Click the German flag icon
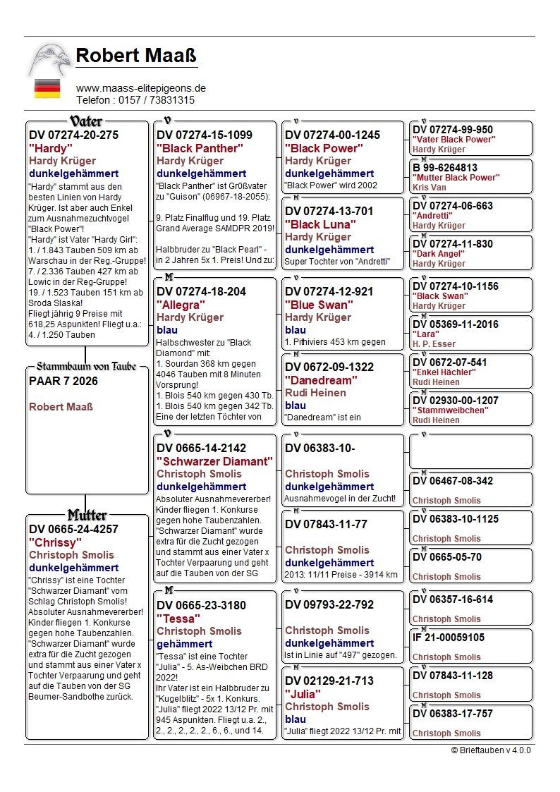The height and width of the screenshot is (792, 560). click(x=47, y=88)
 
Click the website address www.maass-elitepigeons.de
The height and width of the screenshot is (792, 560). click(x=141, y=88)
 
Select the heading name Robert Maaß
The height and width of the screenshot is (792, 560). click(x=136, y=55)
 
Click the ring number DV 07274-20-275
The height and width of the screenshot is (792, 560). click(x=74, y=135)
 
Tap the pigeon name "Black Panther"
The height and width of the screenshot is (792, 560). click(x=200, y=148)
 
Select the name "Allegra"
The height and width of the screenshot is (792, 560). click(x=181, y=305)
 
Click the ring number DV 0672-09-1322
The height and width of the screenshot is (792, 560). click(x=329, y=367)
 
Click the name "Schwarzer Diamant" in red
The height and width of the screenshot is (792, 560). click(x=214, y=461)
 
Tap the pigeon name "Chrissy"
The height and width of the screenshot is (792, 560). click(x=55, y=542)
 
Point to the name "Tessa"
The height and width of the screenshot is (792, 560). click(x=176, y=618)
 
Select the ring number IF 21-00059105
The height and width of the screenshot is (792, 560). click(x=449, y=637)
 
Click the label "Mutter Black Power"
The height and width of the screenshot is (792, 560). click(x=455, y=178)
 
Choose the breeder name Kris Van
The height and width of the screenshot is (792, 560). click(x=430, y=188)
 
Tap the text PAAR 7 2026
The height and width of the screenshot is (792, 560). click(x=63, y=381)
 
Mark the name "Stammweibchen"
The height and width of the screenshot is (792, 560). click(x=450, y=410)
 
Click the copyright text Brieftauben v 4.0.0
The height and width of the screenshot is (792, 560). click(x=491, y=750)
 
